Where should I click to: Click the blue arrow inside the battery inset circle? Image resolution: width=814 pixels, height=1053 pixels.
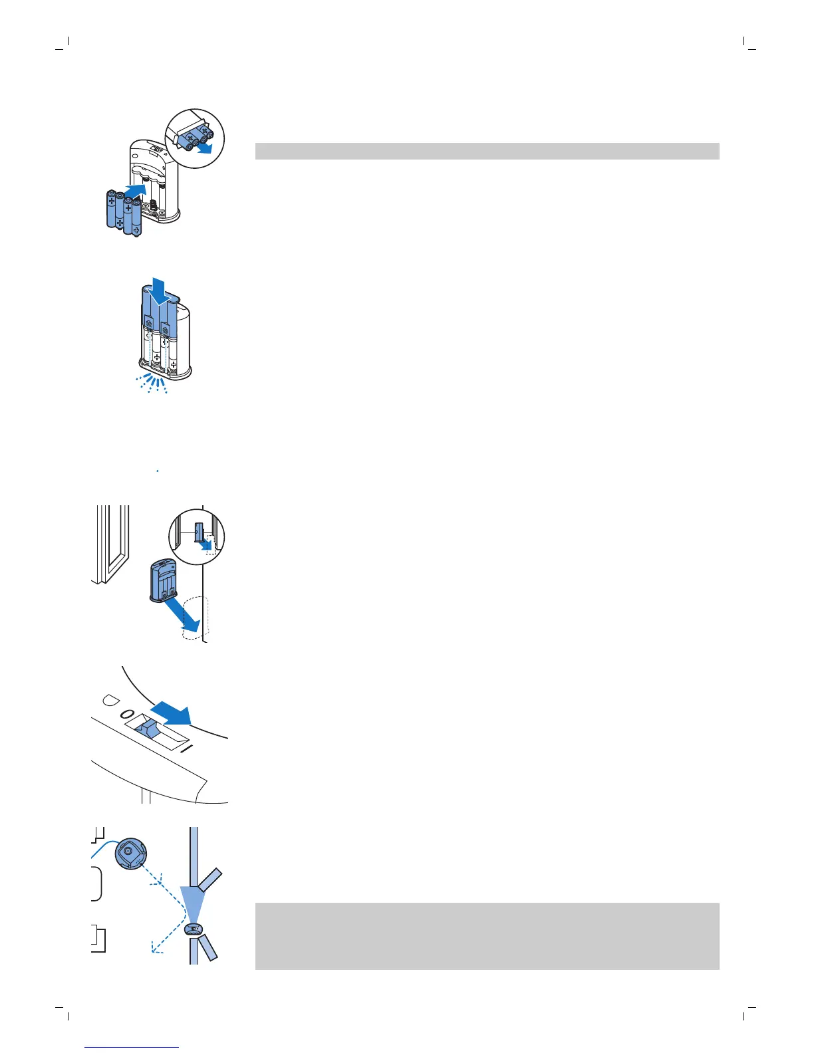[207, 148]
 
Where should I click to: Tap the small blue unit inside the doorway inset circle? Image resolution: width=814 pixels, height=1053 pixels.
[199, 530]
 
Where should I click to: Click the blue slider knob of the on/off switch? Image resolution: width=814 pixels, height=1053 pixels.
[148, 729]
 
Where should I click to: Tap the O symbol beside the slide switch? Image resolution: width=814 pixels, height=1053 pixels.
[126, 714]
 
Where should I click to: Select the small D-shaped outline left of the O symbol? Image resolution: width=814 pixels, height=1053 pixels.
[108, 701]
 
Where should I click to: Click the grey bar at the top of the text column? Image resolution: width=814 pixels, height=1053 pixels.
[487, 151]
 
